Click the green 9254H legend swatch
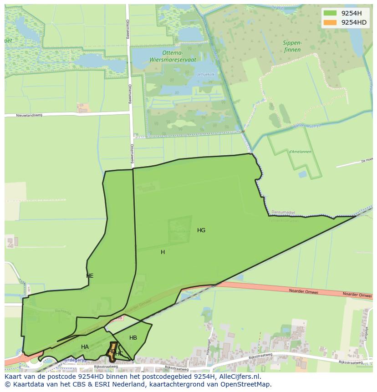[x=330, y=13]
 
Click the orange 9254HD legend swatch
[x=330, y=22]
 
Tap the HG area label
[x=201, y=230]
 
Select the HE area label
[x=90, y=276]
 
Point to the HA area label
[x=85, y=347]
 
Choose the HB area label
[x=133, y=338]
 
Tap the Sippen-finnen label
[x=292, y=46]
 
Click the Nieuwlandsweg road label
[x=29, y=115]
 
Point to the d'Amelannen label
[x=300, y=152]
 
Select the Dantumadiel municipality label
[x=284, y=212]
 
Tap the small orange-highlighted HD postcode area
[x=111, y=351]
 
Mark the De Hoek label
[x=367, y=160]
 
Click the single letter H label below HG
[x=163, y=252]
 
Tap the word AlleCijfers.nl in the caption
[x=238, y=377]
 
